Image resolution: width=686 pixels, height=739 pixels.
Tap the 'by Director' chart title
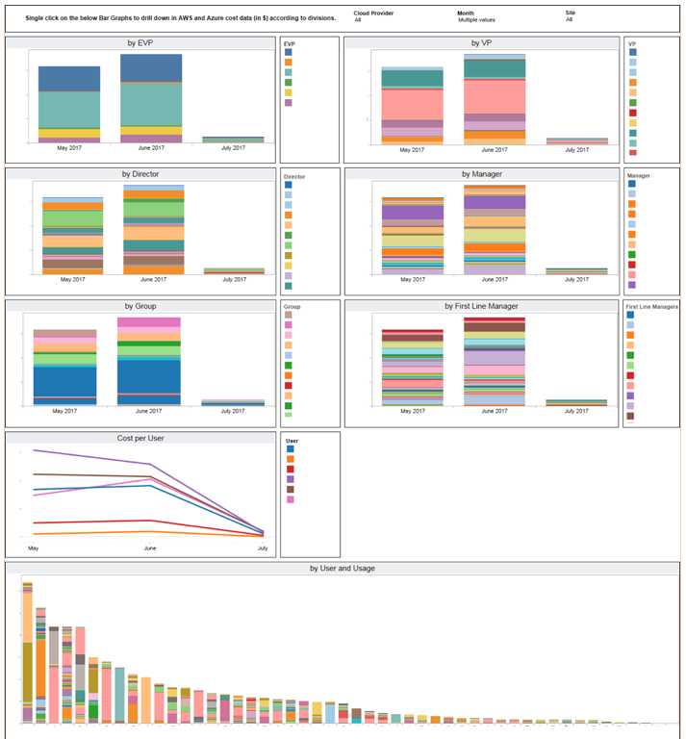click(x=140, y=174)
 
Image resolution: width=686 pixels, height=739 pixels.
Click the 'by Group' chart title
click(x=140, y=306)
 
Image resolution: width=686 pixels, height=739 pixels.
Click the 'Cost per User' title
click(x=140, y=438)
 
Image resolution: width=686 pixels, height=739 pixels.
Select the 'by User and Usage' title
click(x=343, y=569)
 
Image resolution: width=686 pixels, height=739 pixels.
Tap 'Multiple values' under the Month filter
click(x=476, y=19)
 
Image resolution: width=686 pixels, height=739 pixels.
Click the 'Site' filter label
click(x=571, y=13)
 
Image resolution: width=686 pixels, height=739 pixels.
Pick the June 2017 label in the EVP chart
click(x=151, y=149)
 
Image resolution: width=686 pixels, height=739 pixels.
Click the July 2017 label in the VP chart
click(x=576, y=149)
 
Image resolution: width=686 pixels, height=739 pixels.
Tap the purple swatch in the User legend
click(x=291, y=479)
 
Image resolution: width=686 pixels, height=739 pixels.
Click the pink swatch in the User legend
click(x=291, y=499)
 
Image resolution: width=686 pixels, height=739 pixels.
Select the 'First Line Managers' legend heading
click(x=651, y=306)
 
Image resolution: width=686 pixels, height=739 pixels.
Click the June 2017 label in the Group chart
click(x=149, y=411)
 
